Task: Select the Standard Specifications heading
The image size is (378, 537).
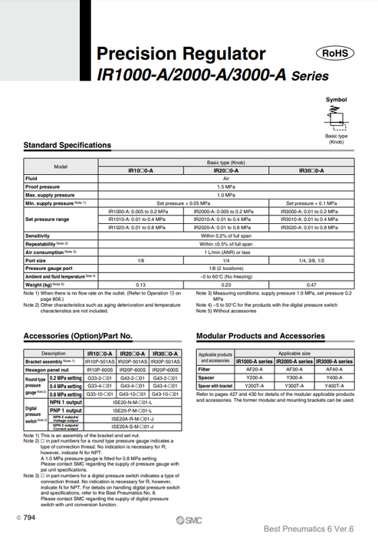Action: tap(67, 145)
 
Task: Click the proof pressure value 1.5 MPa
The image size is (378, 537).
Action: tap(225, 186)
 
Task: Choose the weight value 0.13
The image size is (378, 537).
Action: tap(140, 285)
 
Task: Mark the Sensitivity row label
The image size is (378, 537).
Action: tap(38, 236)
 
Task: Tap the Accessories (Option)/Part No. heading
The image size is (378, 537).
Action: tap(78, 336)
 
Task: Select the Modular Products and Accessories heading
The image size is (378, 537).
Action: tap(261, 336)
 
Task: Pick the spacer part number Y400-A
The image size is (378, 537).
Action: tap(334, 377)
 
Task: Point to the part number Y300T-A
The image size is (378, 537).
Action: tap(294, 384)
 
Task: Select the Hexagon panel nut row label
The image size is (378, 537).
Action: tap(47, 369)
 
